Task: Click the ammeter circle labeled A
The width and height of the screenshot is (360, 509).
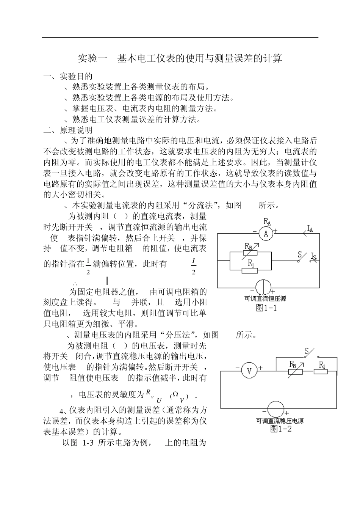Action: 266,234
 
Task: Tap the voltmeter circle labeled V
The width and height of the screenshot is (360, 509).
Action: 249,371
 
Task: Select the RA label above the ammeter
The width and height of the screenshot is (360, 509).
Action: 267,222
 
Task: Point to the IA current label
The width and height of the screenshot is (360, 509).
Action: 310,228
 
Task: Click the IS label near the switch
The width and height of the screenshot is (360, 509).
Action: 313,256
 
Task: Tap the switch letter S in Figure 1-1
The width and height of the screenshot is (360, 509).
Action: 299,254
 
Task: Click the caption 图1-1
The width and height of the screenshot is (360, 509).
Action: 266,308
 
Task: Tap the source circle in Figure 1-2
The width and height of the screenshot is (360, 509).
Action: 275,409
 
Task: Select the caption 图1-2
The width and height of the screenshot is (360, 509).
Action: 281,429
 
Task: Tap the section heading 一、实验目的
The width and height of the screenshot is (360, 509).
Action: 68,77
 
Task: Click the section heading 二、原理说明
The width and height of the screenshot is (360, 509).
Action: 68,130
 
